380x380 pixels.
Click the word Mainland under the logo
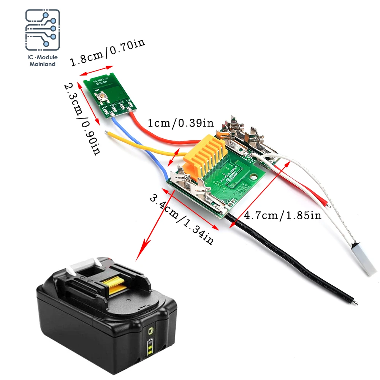pyautogui.click(x=43, y=64)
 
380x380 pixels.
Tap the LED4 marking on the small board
pyautogui.click(x=104, y=107)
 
